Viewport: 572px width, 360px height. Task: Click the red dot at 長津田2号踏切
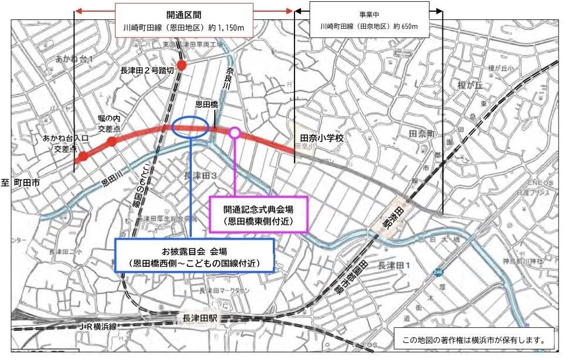(x=182, y=64)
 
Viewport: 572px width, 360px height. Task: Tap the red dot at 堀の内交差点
(x=111, y=141)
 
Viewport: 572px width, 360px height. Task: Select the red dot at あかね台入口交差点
(x=83, y=156)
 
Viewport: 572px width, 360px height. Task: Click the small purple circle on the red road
(x=234, y=133)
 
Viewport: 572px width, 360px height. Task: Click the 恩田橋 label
(x=207, y=105)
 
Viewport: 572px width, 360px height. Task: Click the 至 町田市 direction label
(x=21, y=183)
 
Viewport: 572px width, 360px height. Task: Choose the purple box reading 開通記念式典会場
(x=258, y=214)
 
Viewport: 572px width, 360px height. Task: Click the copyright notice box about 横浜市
(x=475, y=339)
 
